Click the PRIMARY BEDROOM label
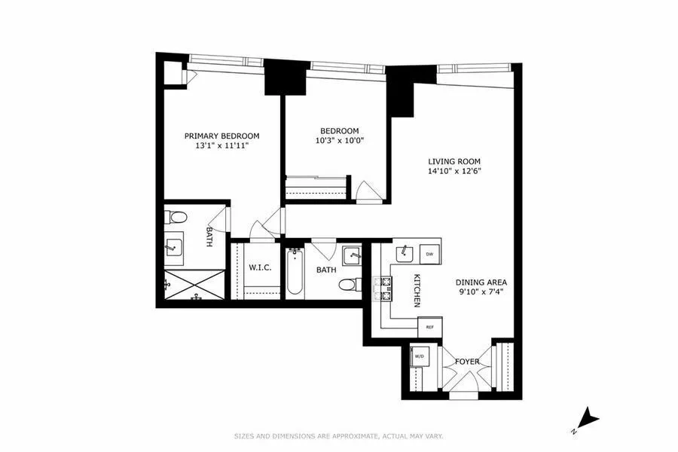pos(222,136)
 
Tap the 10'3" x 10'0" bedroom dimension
pos(339,141)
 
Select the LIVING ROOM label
pos(454,161)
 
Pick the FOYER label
pos(467,362)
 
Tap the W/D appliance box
pos(418,356)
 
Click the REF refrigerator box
pos(430,327)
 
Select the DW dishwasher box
pos(429,255)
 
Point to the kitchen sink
pos(404,252)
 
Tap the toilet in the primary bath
pos(178,218)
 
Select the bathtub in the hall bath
pos(295,270)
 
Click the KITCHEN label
pos(416,290)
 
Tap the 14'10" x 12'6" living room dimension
pos(454,171)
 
